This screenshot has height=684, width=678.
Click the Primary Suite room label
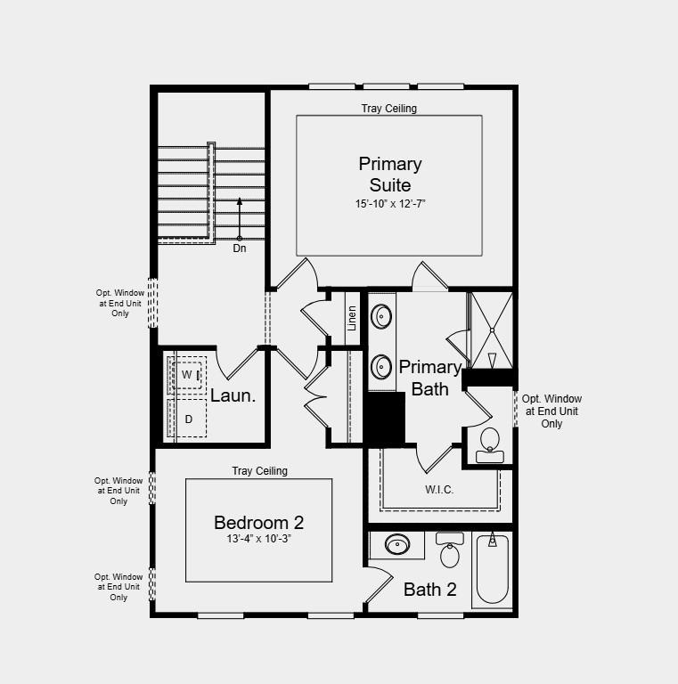click(390, 175)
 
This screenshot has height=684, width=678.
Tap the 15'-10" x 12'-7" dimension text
click(390, 204)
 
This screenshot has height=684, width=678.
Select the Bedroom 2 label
click(258, 523)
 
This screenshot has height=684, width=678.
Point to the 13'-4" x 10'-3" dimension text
click(258, 539)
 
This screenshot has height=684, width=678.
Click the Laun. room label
click(233, 396)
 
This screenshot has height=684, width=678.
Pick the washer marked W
click(187, 375)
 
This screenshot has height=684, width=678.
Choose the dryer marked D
click(188, 419)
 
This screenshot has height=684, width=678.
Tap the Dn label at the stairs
click(240, 248)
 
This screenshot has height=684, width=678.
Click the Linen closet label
click(353, 318)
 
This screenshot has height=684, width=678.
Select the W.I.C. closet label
click(439, 489)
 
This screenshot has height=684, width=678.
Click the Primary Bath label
click(430, 378)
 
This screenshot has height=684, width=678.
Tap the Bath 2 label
click(429, 589)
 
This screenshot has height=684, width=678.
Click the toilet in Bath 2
click(450, 552)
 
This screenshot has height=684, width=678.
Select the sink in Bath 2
click(397, 544)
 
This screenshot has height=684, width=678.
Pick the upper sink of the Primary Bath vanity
click(381, 316)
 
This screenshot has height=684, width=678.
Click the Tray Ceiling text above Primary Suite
click(388, 109)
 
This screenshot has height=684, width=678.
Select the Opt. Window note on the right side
click(551, 411)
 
